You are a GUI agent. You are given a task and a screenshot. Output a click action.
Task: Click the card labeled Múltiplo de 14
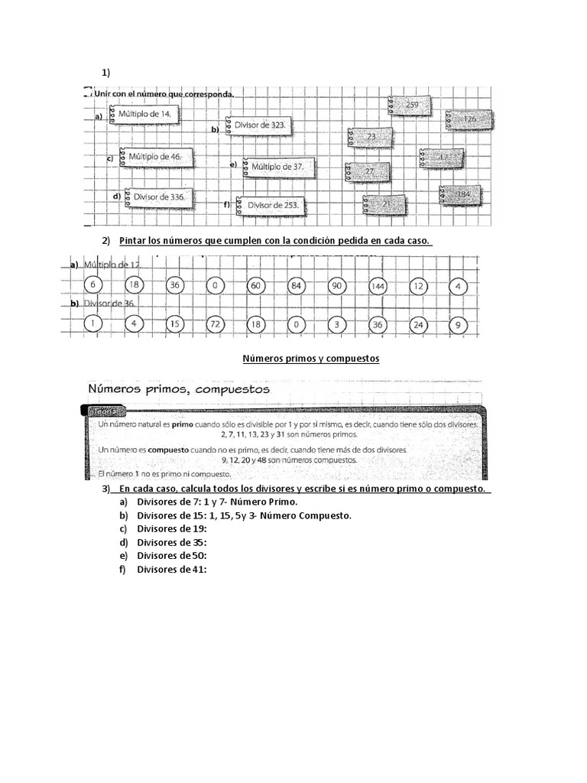click(146, 115)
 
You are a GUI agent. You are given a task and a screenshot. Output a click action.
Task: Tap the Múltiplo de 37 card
click(277, 167)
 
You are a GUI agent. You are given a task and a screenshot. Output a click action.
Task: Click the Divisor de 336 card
click(158, 197)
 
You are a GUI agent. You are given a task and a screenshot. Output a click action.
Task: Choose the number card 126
click(467, 120)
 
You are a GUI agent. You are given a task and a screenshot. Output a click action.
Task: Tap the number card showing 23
click(371, 137)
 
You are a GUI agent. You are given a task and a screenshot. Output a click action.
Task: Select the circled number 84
click(297, 286)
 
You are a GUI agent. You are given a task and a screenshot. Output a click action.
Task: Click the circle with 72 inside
click(215, 324)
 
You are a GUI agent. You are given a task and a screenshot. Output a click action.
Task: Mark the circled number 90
click(337, 286)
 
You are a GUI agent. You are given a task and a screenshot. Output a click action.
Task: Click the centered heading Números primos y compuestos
click(311, 358)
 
